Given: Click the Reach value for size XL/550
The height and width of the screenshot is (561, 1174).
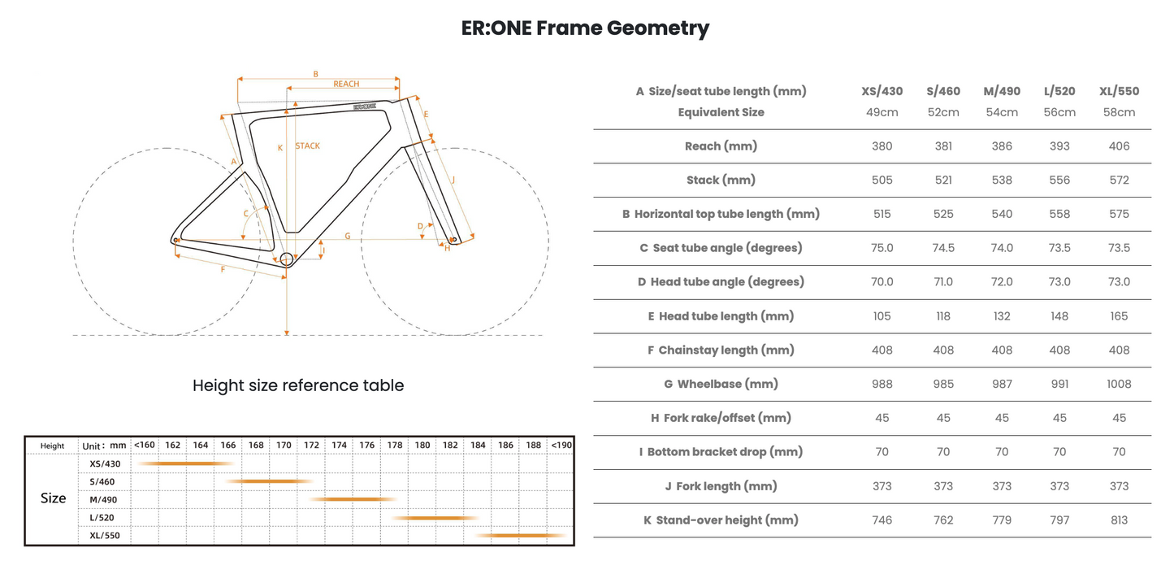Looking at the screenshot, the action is [1119, 146].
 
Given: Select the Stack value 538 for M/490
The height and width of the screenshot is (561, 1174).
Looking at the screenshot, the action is [1002, 180].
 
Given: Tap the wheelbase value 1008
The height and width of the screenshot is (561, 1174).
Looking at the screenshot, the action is [1119, 385].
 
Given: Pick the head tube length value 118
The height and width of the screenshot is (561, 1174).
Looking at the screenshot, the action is [943, 316].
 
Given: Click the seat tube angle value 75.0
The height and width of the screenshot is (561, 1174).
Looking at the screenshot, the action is [882, 248].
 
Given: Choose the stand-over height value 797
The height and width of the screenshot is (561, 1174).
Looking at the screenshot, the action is [1059, 520].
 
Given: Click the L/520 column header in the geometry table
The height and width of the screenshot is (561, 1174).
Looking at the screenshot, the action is [1059, 91].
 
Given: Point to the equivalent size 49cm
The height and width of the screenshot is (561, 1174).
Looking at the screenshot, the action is [882, 112].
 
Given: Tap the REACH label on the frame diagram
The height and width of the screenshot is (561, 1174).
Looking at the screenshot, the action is [346, 84].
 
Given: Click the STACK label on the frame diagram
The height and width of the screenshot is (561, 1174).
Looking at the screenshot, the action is [307, 146].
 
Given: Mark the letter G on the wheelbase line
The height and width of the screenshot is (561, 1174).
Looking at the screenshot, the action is [348, 236].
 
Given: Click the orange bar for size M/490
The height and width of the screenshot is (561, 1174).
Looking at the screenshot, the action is [353, 499].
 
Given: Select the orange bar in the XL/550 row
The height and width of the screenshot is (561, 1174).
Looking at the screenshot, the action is [521, 535].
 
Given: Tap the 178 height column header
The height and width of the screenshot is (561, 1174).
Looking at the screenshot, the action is [395, 445].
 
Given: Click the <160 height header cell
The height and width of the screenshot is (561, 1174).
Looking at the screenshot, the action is [144, 445].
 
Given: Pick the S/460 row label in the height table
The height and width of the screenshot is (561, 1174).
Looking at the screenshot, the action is [102, 482].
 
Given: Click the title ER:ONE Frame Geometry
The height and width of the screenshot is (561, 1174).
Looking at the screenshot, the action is [585, 28].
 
